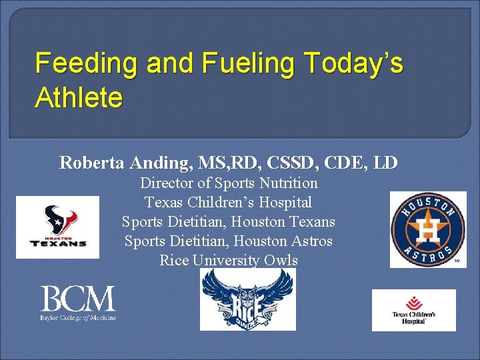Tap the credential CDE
tap(347, 162)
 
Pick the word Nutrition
tap(287, 183)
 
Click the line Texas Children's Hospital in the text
tap(228, 202)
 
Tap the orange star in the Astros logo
tap(427, 229)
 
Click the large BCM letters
tap(78, 299)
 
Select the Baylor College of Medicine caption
tap(78, 317)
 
